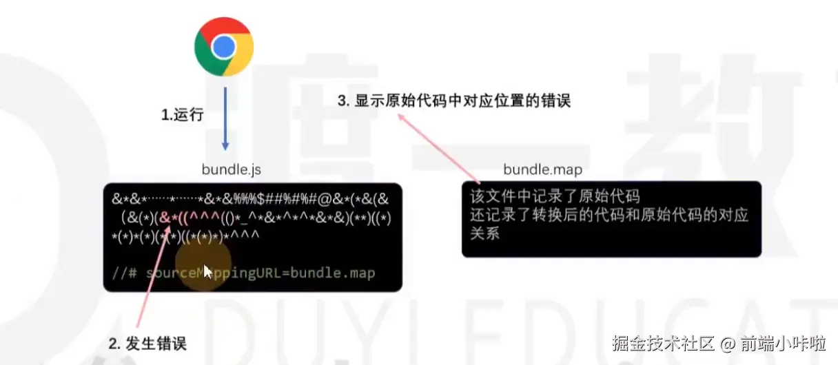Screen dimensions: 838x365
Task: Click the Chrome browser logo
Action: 224,47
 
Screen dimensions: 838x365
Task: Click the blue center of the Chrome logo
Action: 224,47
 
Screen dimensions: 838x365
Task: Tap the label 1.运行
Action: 183,115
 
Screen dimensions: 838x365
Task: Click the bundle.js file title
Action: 232,169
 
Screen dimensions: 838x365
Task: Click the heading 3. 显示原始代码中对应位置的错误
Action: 454,101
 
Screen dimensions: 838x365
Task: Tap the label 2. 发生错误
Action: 147,343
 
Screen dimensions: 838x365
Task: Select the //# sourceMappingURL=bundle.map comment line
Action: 243,273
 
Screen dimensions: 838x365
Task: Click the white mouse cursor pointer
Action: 207,271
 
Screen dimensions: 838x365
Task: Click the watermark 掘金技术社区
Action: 662,343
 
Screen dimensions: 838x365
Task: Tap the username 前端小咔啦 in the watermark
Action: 784,343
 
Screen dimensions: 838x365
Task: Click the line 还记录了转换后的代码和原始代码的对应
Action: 609,215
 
